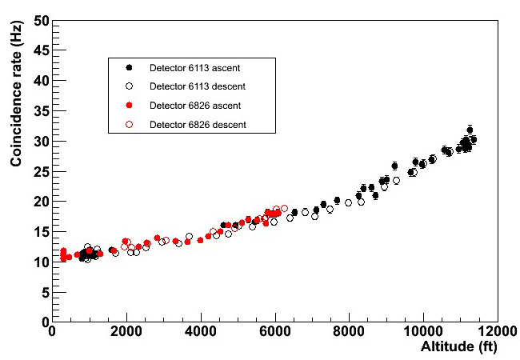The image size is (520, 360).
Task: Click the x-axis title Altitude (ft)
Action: [x=459, y=347]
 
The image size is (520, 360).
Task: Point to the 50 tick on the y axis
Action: [x=53, y=20]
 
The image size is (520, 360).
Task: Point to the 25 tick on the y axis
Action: [x=53, y=171]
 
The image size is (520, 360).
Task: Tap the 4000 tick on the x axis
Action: [x=201, y=322]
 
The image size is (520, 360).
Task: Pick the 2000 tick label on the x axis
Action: [x=127, y=331]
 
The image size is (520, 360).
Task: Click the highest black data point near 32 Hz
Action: [x=470, y=130]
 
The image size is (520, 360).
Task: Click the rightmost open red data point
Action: [x=284, y=208]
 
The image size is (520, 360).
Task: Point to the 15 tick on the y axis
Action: [x=53, y=232]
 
